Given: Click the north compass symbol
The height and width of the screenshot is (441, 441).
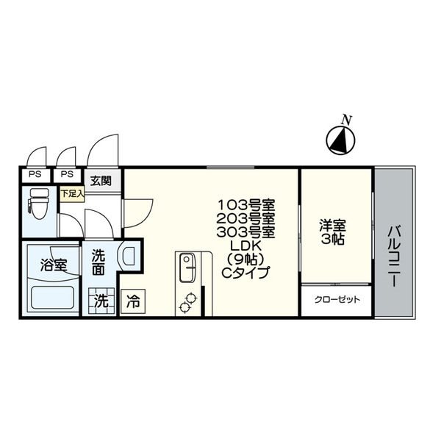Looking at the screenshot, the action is tap(340, 140).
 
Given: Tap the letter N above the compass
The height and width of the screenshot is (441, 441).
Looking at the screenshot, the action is tap(347, 121).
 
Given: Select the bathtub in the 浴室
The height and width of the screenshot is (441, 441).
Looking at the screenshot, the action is tap(53, 297).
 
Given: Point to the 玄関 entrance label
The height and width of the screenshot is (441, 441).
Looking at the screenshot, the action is tap(101, 181).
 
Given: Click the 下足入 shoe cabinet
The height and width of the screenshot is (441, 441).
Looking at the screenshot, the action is tap(72, 194).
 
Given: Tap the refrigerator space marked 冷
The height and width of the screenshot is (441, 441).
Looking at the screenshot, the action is tap(133, 301).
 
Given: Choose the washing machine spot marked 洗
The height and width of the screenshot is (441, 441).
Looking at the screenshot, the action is tap(101, 301).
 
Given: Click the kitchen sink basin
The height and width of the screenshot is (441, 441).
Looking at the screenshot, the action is tap(187, 268).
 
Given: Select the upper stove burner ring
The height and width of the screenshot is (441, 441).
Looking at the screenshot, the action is tap(192, 298).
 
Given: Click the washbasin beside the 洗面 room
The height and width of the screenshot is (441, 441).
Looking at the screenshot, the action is tap(128, 256).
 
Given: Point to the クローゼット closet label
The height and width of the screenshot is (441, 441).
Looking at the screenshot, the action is tap(337, 300).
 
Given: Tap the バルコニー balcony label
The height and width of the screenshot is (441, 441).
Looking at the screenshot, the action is tap(394, 257).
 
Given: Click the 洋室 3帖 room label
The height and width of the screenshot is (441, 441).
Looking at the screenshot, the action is tap(332, 232).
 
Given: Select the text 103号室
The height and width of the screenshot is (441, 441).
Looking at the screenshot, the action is tap(246, 205).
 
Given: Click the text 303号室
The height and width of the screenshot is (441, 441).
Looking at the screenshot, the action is tap(246, 232).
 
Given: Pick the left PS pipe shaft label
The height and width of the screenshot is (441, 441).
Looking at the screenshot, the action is tap(35, 174).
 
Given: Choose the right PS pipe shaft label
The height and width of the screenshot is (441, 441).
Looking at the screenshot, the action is tap(67, 174).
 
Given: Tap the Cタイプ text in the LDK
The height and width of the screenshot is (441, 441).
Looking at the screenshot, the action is tap(246, 272).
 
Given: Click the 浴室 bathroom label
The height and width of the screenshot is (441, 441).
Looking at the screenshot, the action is tap(54, 265).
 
